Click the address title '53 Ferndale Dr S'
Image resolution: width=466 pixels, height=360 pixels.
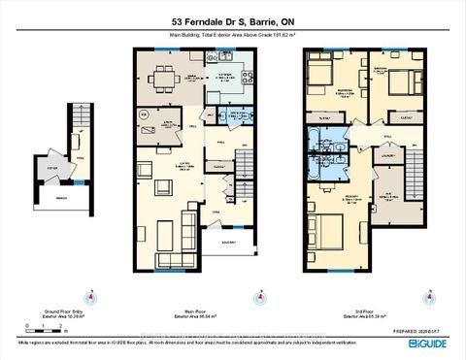tap(205, 23)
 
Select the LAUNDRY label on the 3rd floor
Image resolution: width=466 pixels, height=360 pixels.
tap(388, 153)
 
